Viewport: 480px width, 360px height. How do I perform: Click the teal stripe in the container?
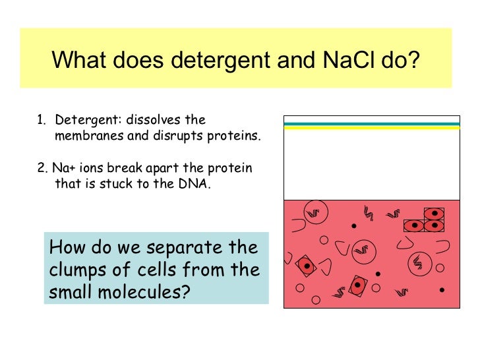tap(371, 123)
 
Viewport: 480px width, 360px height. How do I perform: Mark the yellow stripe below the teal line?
tap(371, 127)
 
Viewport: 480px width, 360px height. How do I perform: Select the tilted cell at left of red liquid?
tap(306, 266)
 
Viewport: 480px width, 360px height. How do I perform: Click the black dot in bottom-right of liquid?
tap(441, 289)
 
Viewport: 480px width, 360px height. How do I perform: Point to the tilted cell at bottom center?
tap(357, 285)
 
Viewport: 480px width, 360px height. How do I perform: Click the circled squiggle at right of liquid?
tap(417, 262)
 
